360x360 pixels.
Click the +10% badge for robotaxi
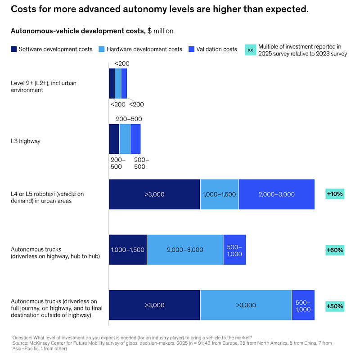tap(334, 194)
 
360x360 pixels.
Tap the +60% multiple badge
tap(334, 250)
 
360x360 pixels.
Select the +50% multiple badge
tap(334, 306)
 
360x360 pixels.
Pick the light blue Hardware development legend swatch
tap(101, 49)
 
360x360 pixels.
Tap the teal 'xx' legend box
tap(251, 49)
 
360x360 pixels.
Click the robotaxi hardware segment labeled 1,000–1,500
tap(219, 194)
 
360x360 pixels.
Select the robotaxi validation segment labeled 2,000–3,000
tap(276, 194)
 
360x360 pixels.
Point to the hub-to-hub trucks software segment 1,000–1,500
tap(128, 250)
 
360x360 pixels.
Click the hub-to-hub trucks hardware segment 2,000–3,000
tap(184, 250)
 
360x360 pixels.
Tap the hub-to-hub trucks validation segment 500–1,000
tap(234, 250)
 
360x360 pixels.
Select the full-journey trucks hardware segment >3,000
tap(246, 305)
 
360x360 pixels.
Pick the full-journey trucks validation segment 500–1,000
tap(303, 305)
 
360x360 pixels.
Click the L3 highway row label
tap(26, 141)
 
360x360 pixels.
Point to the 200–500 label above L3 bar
tap(129, 119)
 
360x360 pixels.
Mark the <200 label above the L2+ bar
tap(122, 63)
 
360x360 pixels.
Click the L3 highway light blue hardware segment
tap(125, 139)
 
